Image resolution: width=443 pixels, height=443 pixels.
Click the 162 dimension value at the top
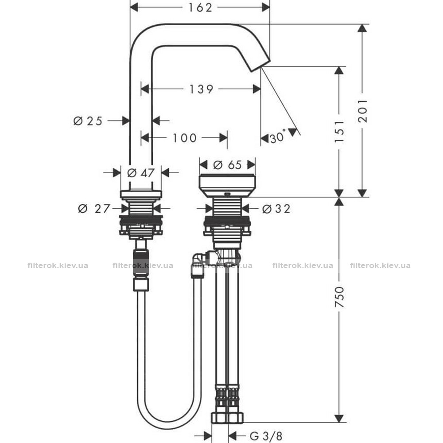[x=200, y=8]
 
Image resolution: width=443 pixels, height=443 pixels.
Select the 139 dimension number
[x=201, y=89]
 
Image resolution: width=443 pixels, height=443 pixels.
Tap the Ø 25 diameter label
[x=88, y=121]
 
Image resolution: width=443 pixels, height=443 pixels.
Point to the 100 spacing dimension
[x=184, y=138]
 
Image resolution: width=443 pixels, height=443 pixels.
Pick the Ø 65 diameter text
[x=227, y=165]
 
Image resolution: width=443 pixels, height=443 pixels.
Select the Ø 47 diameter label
[x=141, y=173]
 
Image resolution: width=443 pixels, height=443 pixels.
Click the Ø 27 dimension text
[x=94, y=209]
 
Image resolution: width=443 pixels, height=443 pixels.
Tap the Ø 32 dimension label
[x=276, y=209]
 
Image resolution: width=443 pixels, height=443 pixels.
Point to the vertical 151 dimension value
[x=339, y=132]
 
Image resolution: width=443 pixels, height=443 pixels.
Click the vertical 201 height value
[x=363, y=110]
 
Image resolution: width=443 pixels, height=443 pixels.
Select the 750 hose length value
[x=339, y=297]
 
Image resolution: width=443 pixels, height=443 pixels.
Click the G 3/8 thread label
[x=266, y=435]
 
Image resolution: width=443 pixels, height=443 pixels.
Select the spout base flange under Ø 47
[x=141, y=194]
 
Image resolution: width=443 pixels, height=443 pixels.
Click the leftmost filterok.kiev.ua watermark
[x=58, y=266]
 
